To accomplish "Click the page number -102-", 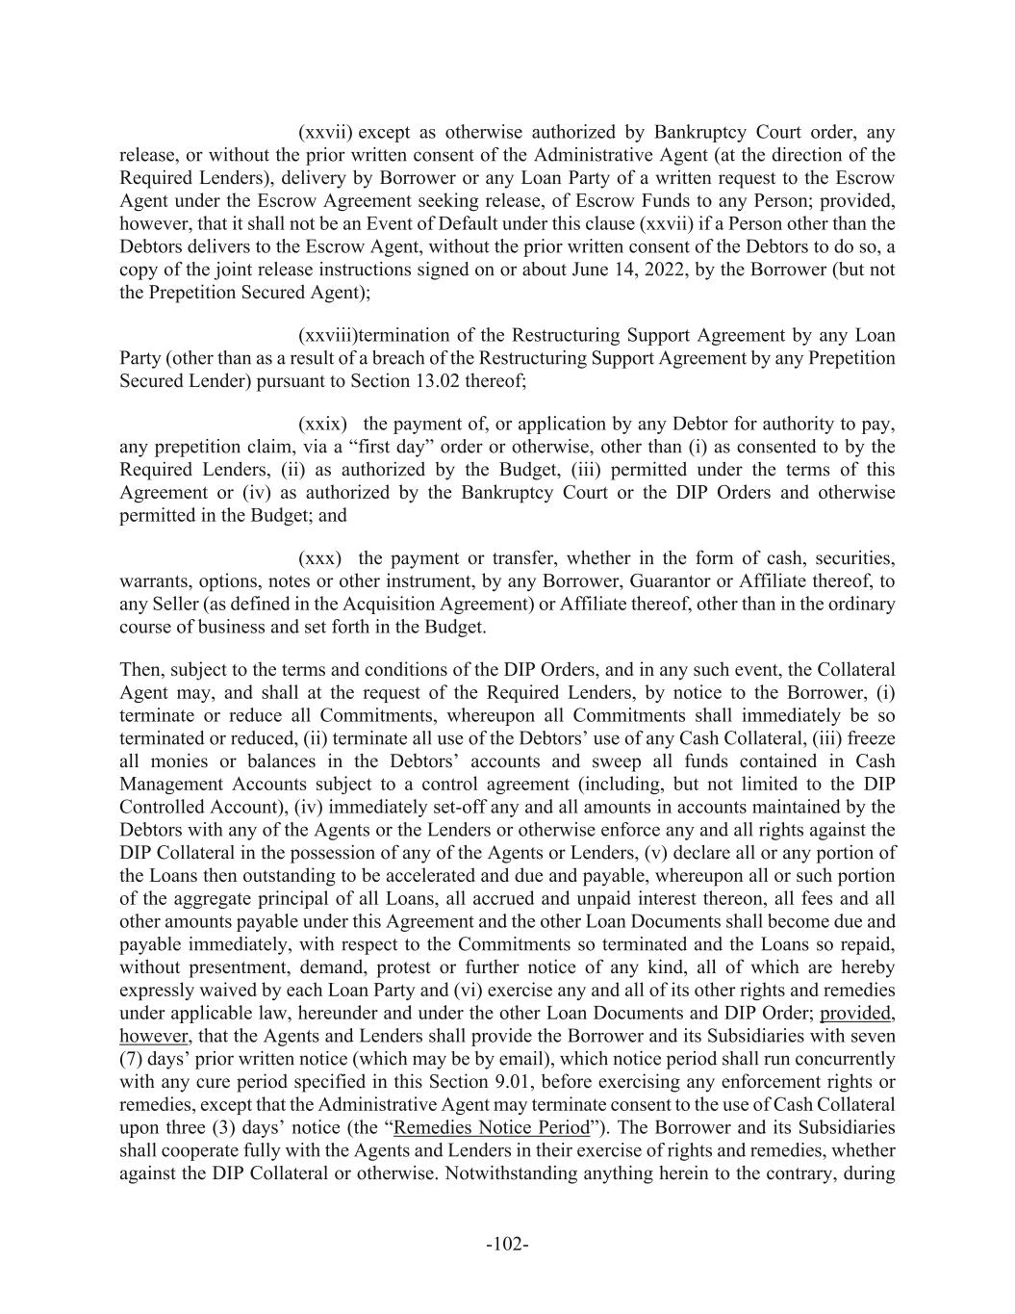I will pyautogui.click(x=507, y=1245).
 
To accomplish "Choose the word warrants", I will pyautogui.click(x=154, y=581).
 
